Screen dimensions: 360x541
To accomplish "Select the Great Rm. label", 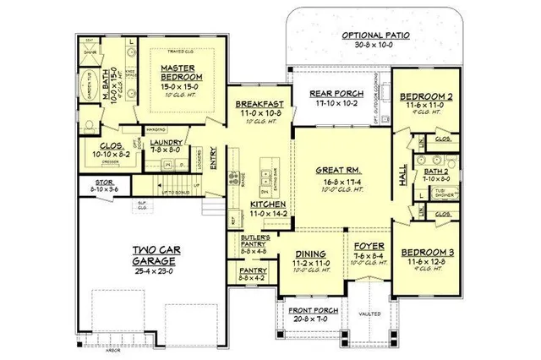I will (334, 169).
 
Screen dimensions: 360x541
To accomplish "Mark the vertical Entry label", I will (211, 157).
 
